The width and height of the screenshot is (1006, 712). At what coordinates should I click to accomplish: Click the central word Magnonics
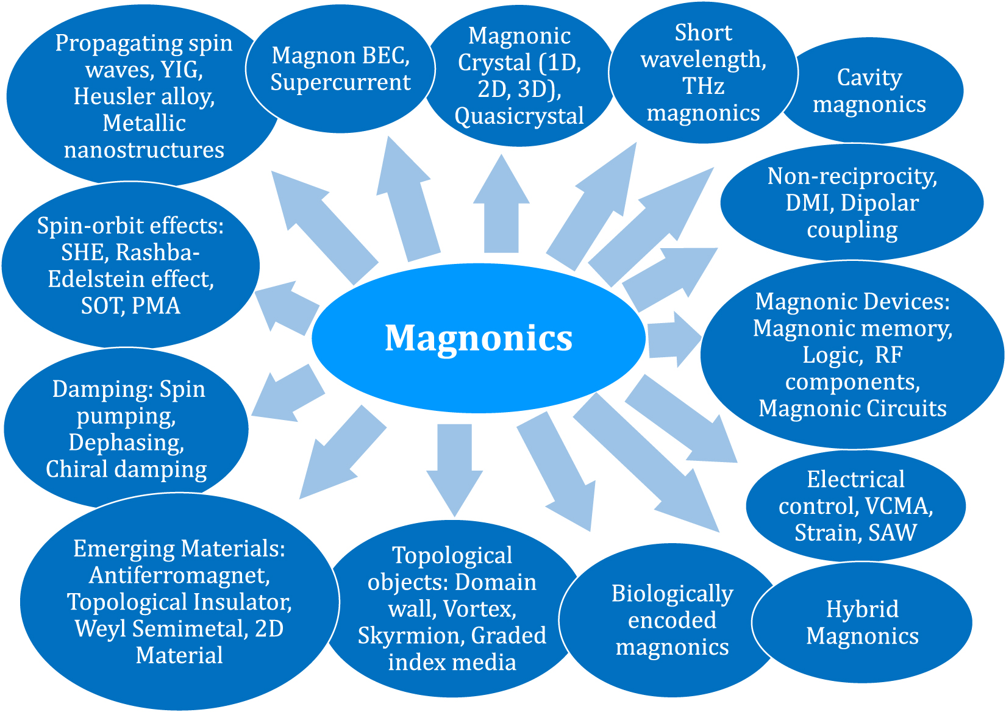click(x=479, y=338)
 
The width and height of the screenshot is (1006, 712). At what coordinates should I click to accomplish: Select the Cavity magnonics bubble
click(x=869, y=91)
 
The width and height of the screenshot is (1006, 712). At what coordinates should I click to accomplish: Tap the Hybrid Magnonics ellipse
click(x=862, y=622)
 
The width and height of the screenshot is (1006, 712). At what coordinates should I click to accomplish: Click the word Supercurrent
click(x=340, y=82)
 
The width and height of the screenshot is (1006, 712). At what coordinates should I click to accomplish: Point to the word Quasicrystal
click(x=519, y=116)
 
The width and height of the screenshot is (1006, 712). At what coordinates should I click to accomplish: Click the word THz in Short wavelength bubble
click(x=703, y=86)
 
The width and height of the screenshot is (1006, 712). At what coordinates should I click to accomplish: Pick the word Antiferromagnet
click(x=179, y=575)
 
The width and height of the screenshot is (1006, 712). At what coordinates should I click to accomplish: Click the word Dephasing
click(x=126, y=442)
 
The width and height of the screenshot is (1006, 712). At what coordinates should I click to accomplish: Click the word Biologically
click(x=672, y=593)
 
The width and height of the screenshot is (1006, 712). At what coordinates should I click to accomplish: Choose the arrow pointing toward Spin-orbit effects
click(x=285, y=307)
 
